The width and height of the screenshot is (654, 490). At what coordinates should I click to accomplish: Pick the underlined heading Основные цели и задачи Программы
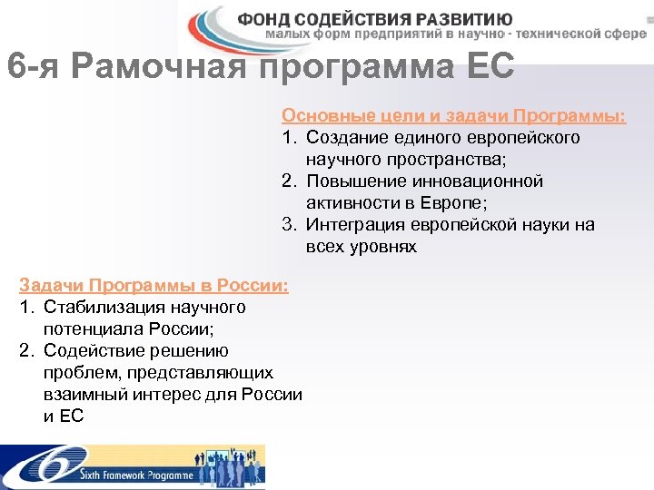[453, 116]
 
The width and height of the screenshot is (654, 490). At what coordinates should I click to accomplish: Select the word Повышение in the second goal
[353, 181]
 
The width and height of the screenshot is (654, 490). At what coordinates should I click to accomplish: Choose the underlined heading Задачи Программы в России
[154, 286]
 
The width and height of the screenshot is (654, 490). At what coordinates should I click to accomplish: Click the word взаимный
[83, 395]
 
